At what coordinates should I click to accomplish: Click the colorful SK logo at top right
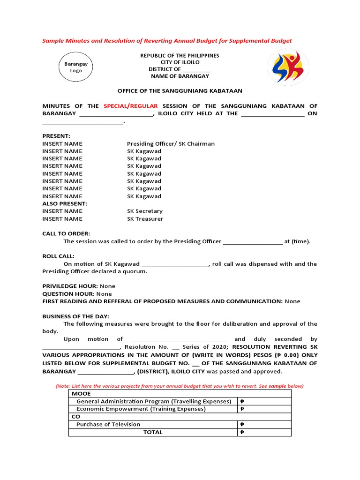288,67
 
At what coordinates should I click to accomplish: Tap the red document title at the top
167,41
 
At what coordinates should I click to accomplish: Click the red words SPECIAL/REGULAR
131,106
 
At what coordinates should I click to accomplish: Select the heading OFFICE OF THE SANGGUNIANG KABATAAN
180,91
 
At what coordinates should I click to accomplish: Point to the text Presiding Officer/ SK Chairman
171,143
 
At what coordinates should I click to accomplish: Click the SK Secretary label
145,211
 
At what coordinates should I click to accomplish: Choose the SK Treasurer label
145,218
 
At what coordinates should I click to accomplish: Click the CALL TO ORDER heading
66,233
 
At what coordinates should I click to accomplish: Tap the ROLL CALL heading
58,256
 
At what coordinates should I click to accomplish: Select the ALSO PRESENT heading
65,203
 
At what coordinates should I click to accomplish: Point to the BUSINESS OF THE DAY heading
75,316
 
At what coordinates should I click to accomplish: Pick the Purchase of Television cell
108,424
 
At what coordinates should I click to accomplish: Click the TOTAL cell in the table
153,432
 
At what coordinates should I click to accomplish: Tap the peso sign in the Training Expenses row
242,409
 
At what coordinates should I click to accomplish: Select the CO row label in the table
76,416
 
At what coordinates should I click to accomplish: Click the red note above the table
180,386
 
